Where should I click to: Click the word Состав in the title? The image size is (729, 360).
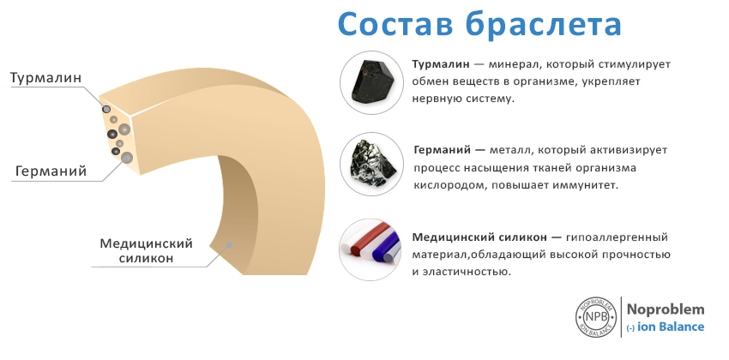(395, 24)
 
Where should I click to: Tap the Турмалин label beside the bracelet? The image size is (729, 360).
(45, 78)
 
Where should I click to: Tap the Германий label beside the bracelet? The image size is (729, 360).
(51, 171)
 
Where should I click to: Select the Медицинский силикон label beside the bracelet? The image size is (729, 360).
(146, 251)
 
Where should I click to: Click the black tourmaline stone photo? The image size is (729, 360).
(372, 82)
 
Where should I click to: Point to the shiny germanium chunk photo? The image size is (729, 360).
(373, 165)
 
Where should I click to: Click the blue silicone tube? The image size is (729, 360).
(385, 246)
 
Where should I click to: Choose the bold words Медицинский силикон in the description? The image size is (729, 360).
(479, 237)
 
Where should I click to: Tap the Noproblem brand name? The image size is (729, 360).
(666, 309)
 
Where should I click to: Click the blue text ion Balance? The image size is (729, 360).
(671, 327)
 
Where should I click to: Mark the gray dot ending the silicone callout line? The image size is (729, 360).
(229, 243)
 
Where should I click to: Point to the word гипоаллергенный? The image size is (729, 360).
(617, 237)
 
